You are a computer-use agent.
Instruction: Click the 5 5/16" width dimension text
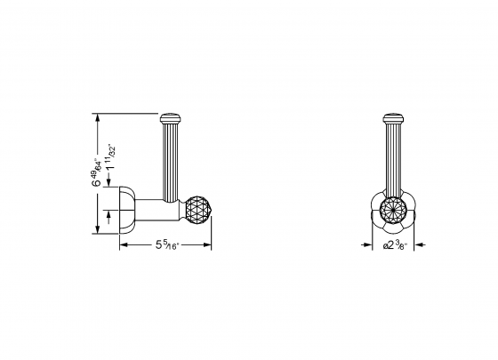tap(165, 244)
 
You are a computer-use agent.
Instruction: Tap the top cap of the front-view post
tap(392, 116)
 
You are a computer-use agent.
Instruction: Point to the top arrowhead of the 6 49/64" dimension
tap(95, 116)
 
